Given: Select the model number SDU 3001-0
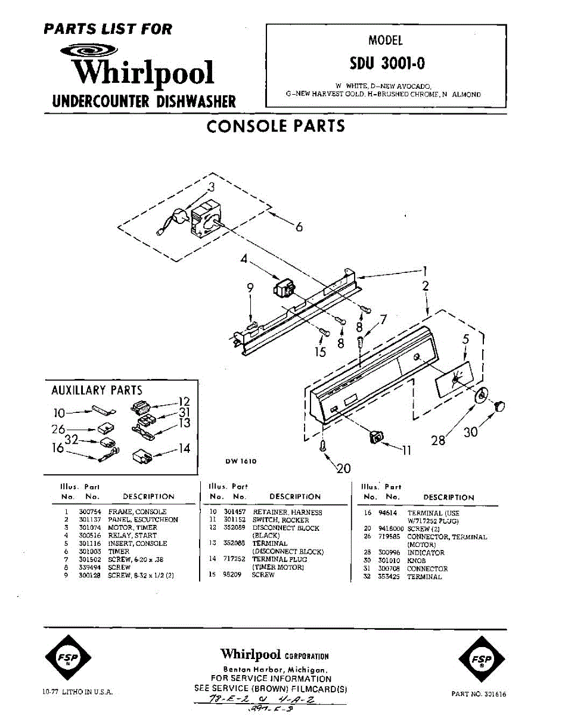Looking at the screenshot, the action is [387, 63].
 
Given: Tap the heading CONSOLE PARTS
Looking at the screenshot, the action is [275, 126].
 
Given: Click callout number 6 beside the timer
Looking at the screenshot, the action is [299, 227].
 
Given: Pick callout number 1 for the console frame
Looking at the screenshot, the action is [426, 269].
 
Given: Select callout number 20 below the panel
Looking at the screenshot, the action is [344, 468].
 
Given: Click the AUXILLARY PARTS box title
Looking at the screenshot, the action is [97, 391].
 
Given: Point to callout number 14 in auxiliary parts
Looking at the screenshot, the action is [185, 449].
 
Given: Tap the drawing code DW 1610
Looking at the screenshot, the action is [240, 461].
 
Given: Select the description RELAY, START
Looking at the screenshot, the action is [132, 536].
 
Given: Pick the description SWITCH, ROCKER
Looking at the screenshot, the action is [281, 520].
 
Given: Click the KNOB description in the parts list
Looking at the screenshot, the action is [416, 561].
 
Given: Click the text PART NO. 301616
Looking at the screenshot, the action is [479, 694].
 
